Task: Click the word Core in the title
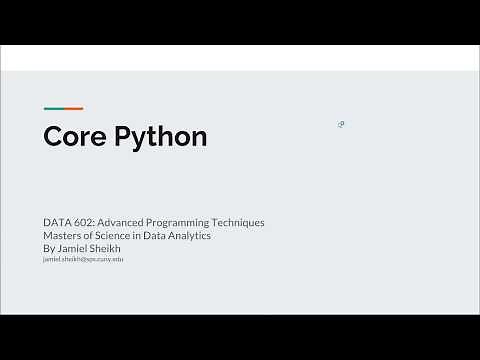click(75, 137)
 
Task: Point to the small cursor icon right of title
click(341, 124)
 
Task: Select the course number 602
click(83, 222)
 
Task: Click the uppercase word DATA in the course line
click(56, 222)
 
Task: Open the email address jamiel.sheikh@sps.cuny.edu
click(83, 259)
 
